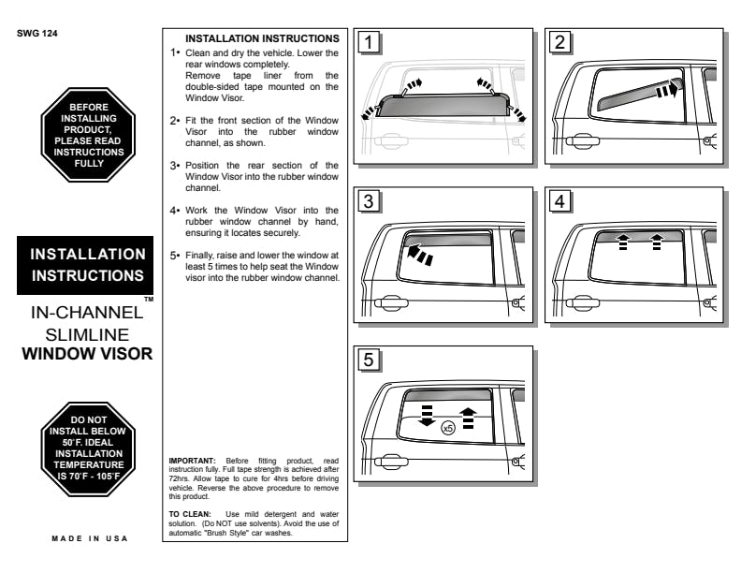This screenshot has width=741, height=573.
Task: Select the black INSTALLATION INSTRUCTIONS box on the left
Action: click(x=88, y=264)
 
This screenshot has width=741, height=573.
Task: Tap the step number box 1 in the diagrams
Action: click(x=371, y=42)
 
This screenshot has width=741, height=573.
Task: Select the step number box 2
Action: click(x=559, y=42)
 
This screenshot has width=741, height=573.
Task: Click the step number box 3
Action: click(x=371, y=200)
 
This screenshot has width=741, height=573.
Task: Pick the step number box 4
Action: click(x=559, y=200)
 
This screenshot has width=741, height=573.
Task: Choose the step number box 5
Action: click(x=371, y=360)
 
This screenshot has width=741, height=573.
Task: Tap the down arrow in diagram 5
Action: click(x=427, y=418)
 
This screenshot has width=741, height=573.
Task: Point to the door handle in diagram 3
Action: click(x=387, y=302)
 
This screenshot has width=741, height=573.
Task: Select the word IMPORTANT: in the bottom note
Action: click(x=190, y=460)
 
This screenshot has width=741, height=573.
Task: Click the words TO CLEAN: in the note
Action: click(x=187, y=514)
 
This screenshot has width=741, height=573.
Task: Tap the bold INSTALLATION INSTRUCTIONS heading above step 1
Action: click(x=262, y=38)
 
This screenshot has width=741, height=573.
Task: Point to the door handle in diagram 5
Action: click(x=387, y=462)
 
